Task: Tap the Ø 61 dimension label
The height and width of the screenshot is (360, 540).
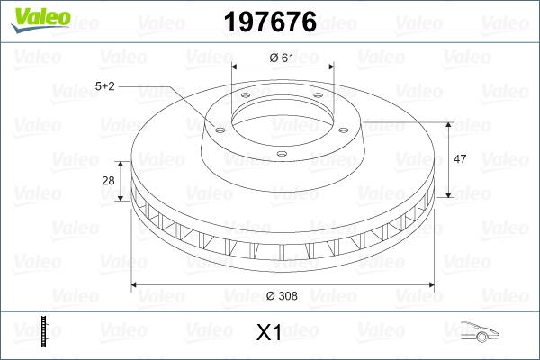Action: (283, 58)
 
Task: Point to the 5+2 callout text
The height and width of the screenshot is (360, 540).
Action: (106, 86)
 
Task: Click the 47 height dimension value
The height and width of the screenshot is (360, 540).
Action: (459, 158)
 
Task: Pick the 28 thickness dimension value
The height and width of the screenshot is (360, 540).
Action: (109, 181)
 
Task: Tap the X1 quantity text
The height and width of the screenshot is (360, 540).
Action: (269, 333)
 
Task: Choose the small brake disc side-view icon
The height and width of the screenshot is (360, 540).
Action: (44, 332)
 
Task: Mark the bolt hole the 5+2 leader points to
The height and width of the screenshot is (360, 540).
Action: (217, 126)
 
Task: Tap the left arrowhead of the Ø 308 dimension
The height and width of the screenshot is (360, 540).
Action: (136, 285)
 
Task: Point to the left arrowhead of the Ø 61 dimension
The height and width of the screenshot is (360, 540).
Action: (236, 67)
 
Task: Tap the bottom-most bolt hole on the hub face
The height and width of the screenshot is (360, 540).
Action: (281, 154)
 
